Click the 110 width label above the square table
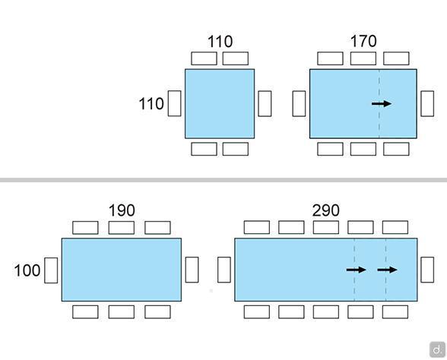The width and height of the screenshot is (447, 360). pos(220,42)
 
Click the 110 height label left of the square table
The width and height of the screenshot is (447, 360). pos(151,103)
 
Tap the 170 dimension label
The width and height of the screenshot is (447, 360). pos(363,41)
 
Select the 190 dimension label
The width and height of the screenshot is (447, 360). pos(122,211)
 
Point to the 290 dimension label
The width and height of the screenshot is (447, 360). pos(326,211)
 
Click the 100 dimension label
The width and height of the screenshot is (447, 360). pos(27,270)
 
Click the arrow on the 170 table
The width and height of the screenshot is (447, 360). pos(382,103)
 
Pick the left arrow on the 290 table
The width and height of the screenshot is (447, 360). pos(356,270)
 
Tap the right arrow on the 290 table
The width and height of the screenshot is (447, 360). pos(387,270)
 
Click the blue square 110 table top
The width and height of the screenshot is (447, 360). pos(220,103)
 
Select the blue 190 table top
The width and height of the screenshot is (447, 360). pos(122,270)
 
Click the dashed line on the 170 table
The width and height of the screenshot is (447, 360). pos(379,103)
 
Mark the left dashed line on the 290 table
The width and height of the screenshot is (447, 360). pos(354,270)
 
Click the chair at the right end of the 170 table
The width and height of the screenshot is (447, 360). pos(427,103)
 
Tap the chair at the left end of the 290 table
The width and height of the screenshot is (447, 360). pos(224,270)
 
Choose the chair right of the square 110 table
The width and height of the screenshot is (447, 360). pos(265,103)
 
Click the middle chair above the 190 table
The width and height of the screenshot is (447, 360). pos(122,228)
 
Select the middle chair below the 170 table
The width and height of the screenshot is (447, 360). pos(363,149)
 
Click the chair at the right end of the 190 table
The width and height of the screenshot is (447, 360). pos(192,270)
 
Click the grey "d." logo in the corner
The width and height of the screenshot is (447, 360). pos(437,349)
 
